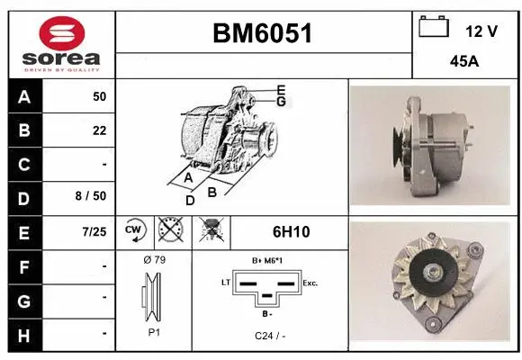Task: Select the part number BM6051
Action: (x=262, y=34)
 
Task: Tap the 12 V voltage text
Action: (x=481, y=31)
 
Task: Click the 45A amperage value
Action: (x=465, y=63)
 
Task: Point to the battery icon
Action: (x=435, y=27)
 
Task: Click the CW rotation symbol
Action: (x=133, y=232)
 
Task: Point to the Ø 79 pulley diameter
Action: (x=153, y=260)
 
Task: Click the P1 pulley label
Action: (x=153, y=331)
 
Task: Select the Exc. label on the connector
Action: (x=311, y=283)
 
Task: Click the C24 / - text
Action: (x=270, y=336)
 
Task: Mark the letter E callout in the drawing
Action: (x=281, y=90)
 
